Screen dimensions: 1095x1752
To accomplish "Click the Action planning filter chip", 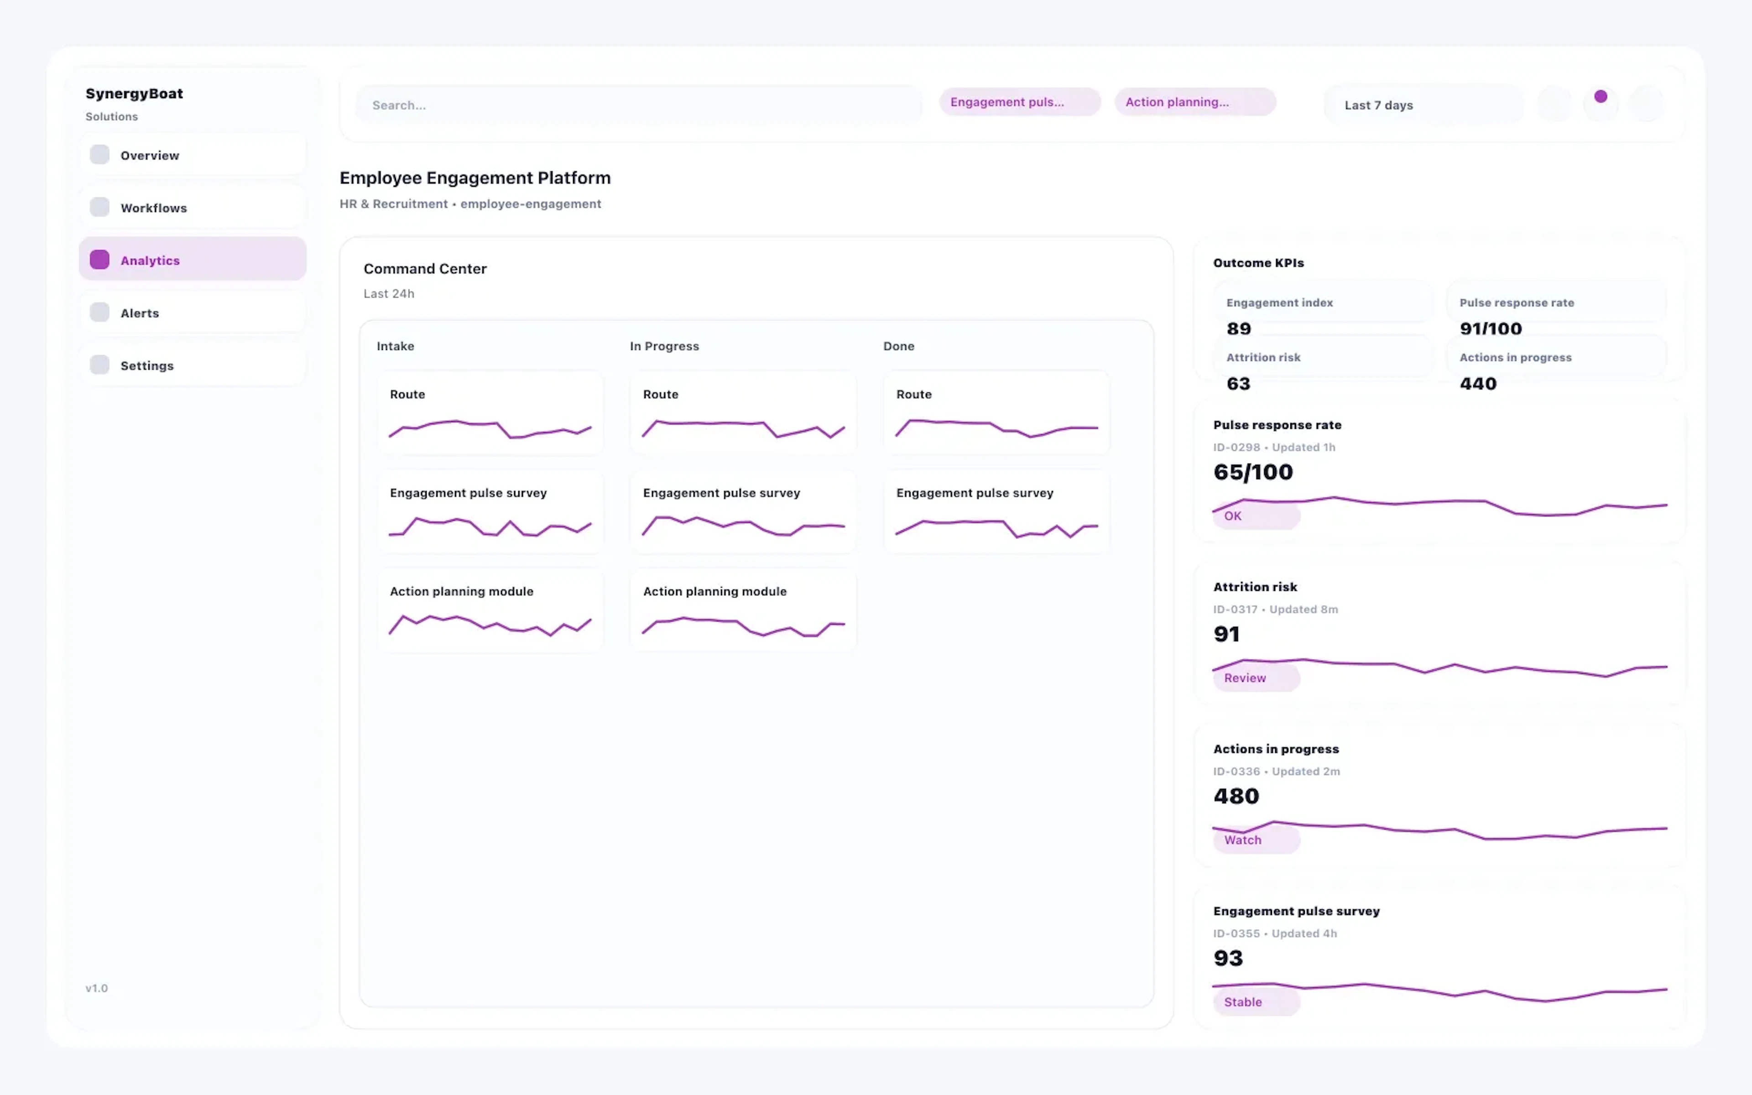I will tap(1194, 102).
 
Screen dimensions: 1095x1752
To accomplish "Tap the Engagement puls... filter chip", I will tap(1019, 102).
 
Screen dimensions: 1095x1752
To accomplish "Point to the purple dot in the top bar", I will tap(1601, 96).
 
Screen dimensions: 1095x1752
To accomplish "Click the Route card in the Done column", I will tap(996, 413).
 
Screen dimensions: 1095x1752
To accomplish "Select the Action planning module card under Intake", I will tap(490, 610).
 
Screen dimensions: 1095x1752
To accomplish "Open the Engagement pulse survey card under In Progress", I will tap(743, 511).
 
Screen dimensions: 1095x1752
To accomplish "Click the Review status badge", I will tap(1255, 678).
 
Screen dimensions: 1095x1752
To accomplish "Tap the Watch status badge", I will tap(1255, 840).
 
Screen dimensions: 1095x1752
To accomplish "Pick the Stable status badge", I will tap(1255, 1002).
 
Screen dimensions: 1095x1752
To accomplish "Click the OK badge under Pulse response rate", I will tap(1255, 516).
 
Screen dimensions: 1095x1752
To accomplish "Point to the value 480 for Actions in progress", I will tap(1236, 796).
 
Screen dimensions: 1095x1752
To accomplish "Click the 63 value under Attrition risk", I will tap(1238, 383).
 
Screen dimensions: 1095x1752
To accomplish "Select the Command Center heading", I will tap(425, 269).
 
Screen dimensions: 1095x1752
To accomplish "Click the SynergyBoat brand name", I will tap(134, 94).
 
